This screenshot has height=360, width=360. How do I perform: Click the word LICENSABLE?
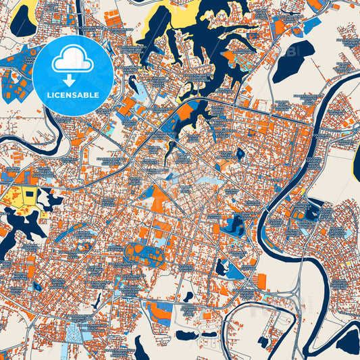pos(72,95)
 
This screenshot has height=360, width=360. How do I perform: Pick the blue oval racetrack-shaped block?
pos(143,254)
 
